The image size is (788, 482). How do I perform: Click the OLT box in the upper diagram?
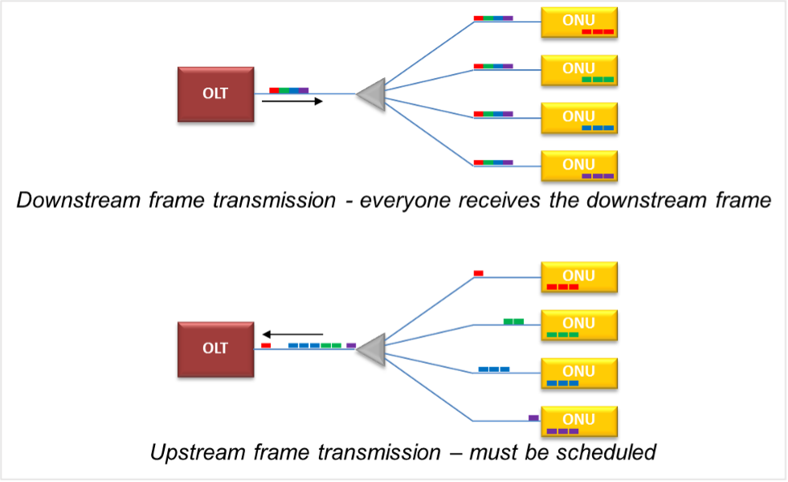(x=215, y=94)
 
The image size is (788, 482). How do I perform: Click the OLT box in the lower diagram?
(x=215, y=349)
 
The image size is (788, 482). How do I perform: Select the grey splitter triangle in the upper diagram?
(x=374, y=95)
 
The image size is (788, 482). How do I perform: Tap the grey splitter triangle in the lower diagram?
(x=374, y=349)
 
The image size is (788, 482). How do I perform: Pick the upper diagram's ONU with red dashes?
(x=578, y=22)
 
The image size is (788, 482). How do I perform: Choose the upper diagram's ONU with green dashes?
(x=578, y=70)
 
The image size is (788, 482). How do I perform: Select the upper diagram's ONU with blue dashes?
(x=578, y=118)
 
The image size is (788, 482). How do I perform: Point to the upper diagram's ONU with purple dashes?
(x=578, y=165)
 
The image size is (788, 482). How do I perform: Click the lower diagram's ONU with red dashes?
(x=578, y=277)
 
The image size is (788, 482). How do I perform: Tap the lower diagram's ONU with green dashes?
(x=578, y=325)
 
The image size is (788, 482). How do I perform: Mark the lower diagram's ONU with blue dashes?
(x=578, y=373)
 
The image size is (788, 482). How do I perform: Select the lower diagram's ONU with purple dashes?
(x=578, y=421)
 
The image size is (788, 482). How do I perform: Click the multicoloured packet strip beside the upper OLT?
(x=289, y=91)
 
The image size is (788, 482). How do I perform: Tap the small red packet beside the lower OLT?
(x=266, y=345)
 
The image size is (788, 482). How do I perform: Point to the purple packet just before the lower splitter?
(x=352, y=345)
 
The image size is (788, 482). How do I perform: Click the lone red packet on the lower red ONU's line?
(x=479, y=273)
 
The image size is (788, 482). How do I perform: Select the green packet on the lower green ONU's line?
(x=513, y=321)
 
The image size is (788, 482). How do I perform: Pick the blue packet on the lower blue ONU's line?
(x=494, y=370)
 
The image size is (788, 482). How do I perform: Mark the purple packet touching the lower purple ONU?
(x=533, y=417)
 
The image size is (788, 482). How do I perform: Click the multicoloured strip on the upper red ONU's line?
(x=493, y=18)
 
